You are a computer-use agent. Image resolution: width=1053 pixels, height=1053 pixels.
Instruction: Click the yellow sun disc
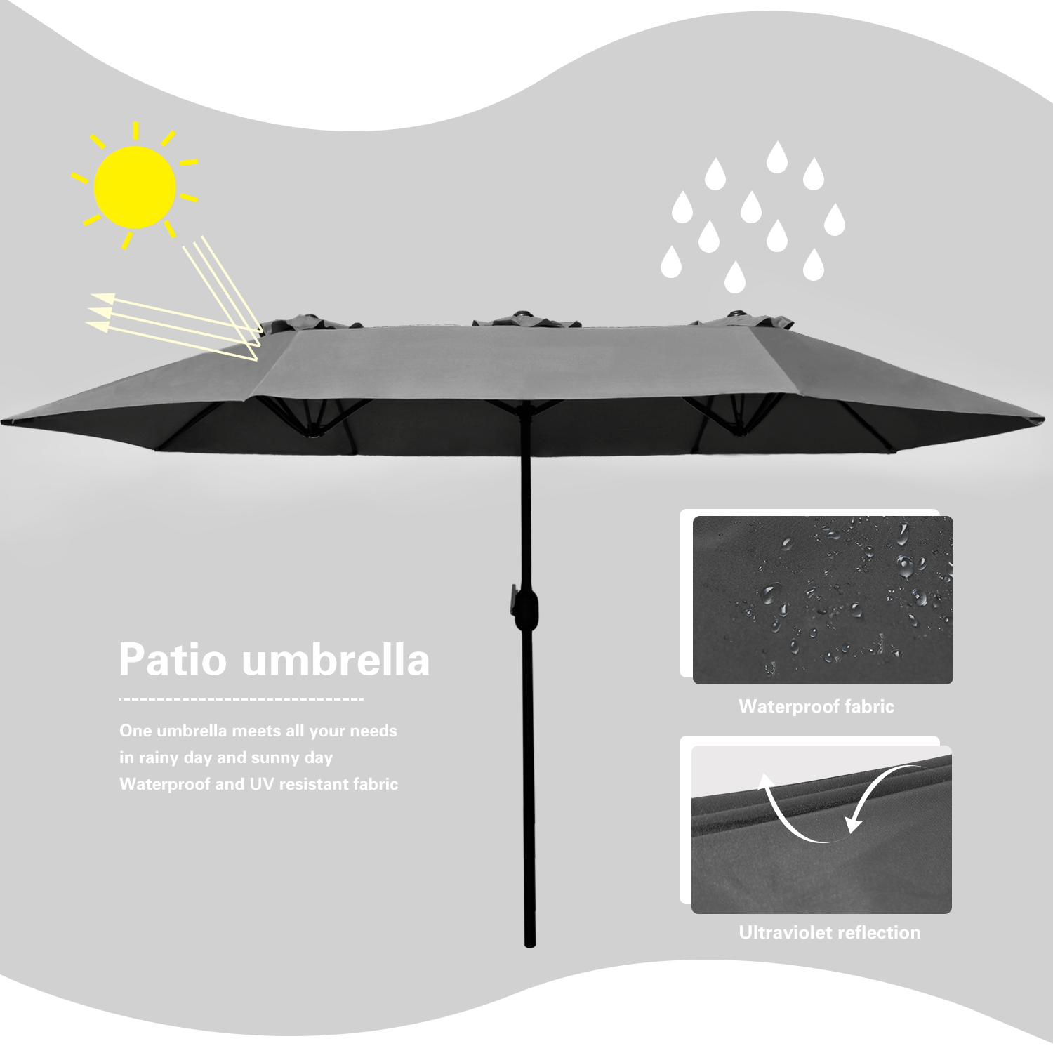pyautogui.click(x=135, y=187)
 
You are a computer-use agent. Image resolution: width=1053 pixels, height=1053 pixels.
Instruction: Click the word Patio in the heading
pyautogui.click(x=173, y=660)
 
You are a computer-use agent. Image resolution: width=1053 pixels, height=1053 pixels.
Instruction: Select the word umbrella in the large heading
pyautogui.click(x=335, y=660)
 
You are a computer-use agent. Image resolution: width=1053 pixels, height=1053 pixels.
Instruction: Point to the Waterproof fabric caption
pyautogui.click(x=816, y=706)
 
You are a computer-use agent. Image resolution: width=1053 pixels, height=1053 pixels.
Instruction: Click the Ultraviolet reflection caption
pyautogui.click(x=829, y=932)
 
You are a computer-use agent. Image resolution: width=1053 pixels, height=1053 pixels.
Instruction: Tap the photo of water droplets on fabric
pyautogui.click(x=823, y=600)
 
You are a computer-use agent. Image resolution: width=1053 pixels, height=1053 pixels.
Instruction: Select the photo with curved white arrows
pyautogui.click(x=821, y=829)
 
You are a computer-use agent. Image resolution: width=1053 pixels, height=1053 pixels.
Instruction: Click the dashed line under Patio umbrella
pyautogui.click(x=241, y=699)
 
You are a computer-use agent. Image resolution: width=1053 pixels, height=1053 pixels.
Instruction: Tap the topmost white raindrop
pyautogui.click(x=776, y=157)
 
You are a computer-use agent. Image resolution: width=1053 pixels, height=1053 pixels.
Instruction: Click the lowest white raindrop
pyautogui.click(x=734, y=277)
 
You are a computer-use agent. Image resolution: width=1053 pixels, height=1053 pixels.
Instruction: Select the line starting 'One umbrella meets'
pyautogui.click(x=258, y=731)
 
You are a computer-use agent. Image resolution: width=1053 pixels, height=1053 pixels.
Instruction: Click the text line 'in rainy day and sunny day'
pyautogui.click(x=225, y=757)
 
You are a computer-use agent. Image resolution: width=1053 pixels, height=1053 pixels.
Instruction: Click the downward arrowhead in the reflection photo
pyautogui.click(x=853, y=823)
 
